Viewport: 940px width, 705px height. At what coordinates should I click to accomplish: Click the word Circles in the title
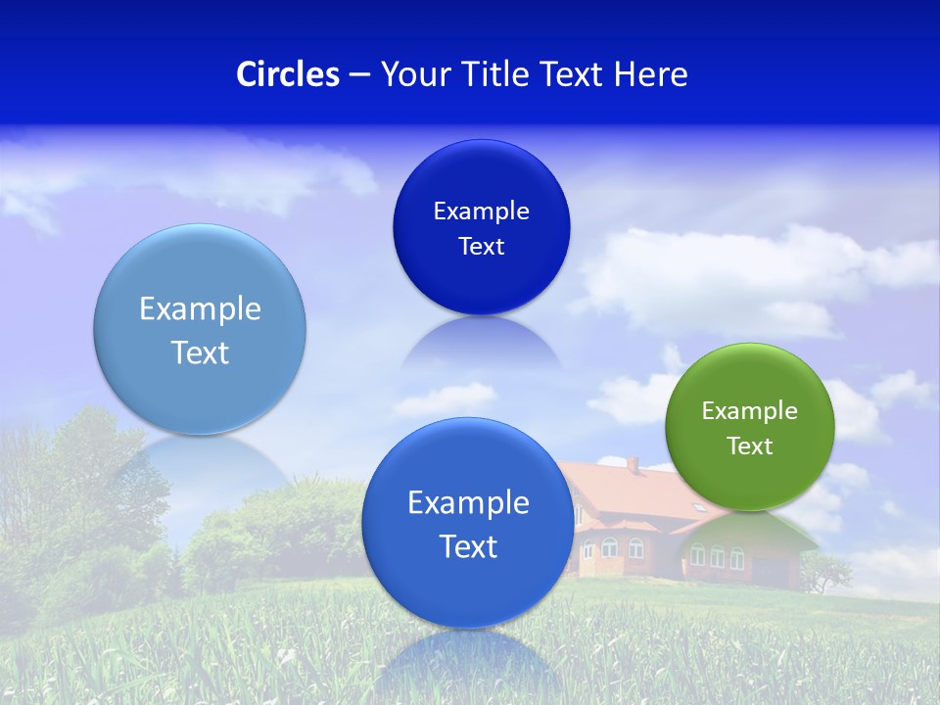point(287,74)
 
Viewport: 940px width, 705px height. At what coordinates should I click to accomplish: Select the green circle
point(750,427)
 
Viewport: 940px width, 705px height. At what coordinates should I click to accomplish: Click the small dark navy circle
point(481,227)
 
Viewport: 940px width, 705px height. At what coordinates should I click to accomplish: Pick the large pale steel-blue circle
point(200,329)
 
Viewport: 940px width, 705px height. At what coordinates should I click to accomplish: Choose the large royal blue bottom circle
point(468,523)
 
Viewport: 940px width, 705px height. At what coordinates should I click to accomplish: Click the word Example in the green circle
point(750,410)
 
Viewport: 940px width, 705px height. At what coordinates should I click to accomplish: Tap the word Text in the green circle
point(750,446)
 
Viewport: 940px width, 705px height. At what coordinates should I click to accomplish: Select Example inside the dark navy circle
point(481,211)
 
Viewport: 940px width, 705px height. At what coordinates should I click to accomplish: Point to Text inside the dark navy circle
point(481,246)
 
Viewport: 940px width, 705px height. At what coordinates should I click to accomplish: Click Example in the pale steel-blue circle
point(200,308)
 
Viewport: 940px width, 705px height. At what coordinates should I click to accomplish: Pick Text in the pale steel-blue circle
point(200,352)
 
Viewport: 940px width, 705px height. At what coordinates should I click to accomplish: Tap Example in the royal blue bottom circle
point(468,502)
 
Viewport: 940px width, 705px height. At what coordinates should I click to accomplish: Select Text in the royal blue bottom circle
point(468,546)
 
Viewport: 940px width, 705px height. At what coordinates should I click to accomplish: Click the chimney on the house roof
point(633,465)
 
